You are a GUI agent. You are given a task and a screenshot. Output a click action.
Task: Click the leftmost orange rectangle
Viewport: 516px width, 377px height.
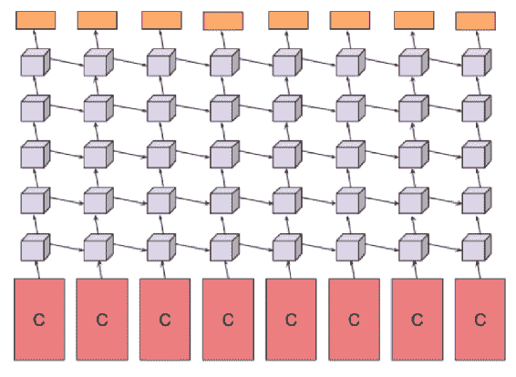[36, 20]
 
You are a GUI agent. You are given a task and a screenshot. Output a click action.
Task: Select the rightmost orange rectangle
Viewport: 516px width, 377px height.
[476, 21]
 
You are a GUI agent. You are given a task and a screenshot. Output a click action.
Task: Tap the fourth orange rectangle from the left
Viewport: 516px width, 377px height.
[223, 21]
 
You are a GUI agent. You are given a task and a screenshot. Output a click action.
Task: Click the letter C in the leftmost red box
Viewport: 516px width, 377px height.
[39, 320]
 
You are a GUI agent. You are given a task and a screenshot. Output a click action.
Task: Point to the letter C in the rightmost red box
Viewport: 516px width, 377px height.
[480, 320]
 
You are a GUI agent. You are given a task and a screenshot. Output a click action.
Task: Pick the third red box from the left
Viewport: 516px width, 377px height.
[165, 320]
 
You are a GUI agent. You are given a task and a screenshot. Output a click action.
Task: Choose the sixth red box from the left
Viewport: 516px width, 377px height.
[354, 320]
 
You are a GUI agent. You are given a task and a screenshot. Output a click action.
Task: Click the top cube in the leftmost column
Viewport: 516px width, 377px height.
[36, 63]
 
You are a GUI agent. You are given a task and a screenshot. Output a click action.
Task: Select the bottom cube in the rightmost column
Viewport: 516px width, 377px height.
[477, 248]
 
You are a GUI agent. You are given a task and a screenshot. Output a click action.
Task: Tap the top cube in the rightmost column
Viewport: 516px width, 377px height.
[477, 63]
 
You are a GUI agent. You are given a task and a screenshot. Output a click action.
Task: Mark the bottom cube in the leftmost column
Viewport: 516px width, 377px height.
[36, 248]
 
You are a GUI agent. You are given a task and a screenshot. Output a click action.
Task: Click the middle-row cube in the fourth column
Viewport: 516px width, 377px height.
[225, 155]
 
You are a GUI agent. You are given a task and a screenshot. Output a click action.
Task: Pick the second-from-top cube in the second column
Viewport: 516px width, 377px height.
[98, 108]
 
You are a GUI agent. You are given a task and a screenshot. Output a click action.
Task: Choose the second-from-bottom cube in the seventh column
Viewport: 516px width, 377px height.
[414, 201]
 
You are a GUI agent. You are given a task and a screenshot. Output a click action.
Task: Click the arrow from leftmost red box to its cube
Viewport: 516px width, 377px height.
[37, 270]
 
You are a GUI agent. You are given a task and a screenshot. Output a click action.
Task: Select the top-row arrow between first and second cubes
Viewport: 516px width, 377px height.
[67, 62]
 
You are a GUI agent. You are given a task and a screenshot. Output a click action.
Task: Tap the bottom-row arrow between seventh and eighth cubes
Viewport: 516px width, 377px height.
[446, 247]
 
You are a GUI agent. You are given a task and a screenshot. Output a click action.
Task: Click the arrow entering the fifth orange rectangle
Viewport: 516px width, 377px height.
[288, 39]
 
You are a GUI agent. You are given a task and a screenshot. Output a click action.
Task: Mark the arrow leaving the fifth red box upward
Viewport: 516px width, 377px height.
[290, 270]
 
